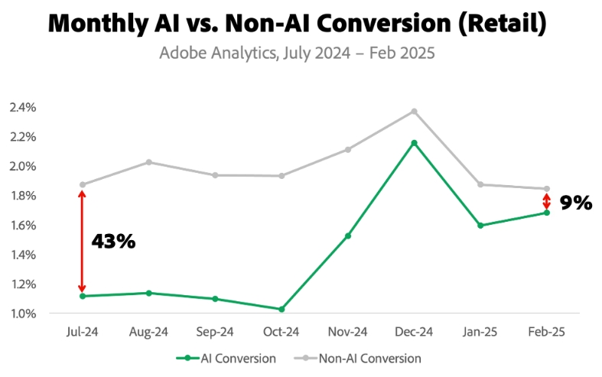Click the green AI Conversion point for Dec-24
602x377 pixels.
pos(414,143)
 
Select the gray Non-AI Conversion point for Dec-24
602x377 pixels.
pos(414,112)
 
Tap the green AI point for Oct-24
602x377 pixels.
pos(281,309)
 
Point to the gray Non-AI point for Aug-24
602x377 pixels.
pos(148,162)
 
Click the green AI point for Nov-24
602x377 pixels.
pos(348,236)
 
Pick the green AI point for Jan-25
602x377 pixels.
pos(480,226)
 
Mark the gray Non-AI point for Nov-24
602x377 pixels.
pos(348,150)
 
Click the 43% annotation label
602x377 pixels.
pos(113,242)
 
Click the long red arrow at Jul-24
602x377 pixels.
pos(82,240)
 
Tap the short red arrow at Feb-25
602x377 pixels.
pos(546,201)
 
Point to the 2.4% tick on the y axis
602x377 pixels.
pos(23,107)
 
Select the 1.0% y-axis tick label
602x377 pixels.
pos(23,314)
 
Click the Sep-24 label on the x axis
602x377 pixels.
pos(215,333)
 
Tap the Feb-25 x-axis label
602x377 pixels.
pos(546,333)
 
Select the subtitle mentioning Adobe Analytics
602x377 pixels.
pos(297,54)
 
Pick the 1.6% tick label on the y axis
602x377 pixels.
pos(23,226)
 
